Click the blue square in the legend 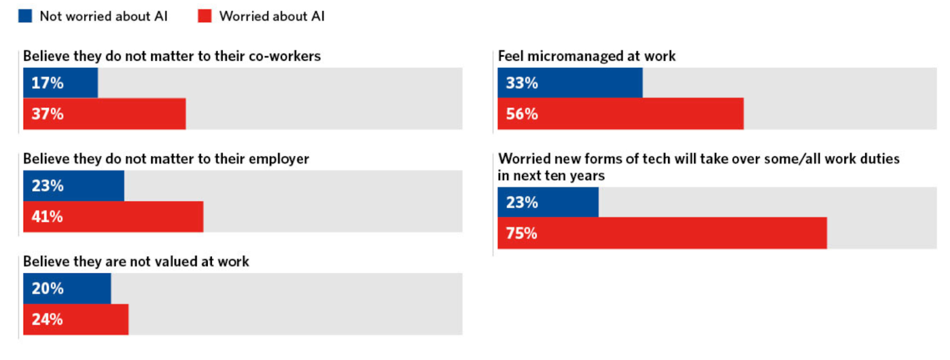[x=25, y=16]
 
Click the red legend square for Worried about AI [x=205, y=16]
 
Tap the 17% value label [x=47, y=83]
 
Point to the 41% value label [x=47, y=217]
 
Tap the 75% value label [x=521, y=233]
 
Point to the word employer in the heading [x=278, y=159]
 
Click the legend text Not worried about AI [x=103, y=17]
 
